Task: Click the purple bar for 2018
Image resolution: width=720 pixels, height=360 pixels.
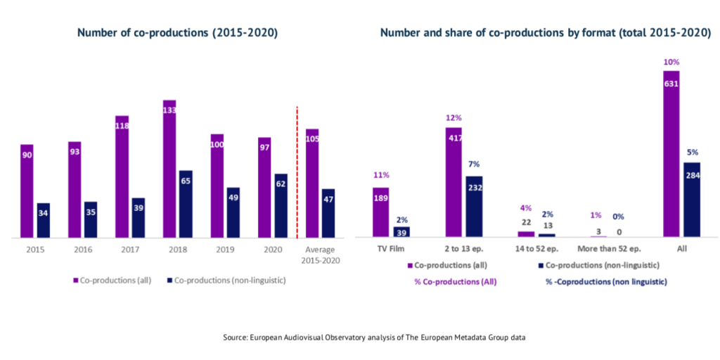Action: tap(169, 169)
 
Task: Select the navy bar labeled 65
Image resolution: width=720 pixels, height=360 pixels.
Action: tap(186, 204)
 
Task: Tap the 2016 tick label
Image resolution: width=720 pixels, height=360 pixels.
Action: tap(82, 250)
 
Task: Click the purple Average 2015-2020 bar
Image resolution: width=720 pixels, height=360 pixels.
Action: tap(313, 184)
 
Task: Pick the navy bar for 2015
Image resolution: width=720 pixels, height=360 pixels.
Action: tap(44, 220)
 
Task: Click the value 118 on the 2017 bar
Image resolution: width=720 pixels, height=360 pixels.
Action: tap(122, 126)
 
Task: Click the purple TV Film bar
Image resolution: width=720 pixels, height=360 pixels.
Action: tap(380, 212)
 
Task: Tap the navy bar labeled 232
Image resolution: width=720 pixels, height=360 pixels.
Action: tap(474, 206)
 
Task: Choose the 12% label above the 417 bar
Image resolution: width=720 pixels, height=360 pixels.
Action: tap(453, 118)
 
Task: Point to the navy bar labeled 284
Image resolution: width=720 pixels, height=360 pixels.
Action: tap(692, 200)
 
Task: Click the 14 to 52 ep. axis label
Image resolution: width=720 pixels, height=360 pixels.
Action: tap(536, 250)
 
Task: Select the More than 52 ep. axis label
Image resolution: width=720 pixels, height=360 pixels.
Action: tap(609, 250)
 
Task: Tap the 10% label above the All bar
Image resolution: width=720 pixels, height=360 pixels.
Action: tap(671, 62)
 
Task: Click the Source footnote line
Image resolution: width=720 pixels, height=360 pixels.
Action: tap(374, 337)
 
